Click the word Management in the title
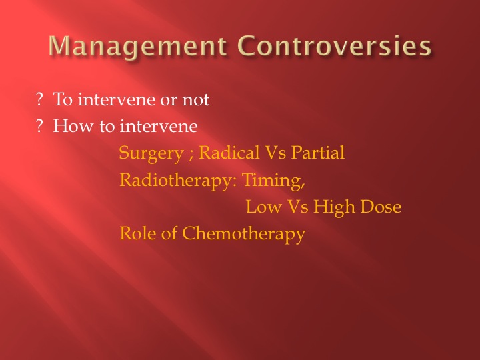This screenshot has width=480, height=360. pos(138,46)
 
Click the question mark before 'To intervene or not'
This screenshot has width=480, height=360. pos(39,99)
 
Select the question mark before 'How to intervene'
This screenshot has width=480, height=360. pos(39,126)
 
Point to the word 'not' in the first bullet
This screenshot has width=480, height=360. pos(196,100)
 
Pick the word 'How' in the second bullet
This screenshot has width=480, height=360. pos(73,126)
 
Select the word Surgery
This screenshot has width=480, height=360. pos(151,153)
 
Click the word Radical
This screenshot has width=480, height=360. pos(229,152)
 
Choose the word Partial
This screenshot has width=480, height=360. pos(318,152)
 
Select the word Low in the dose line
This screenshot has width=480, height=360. pos(264,206)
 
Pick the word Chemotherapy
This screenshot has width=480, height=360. pos(244,234)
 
